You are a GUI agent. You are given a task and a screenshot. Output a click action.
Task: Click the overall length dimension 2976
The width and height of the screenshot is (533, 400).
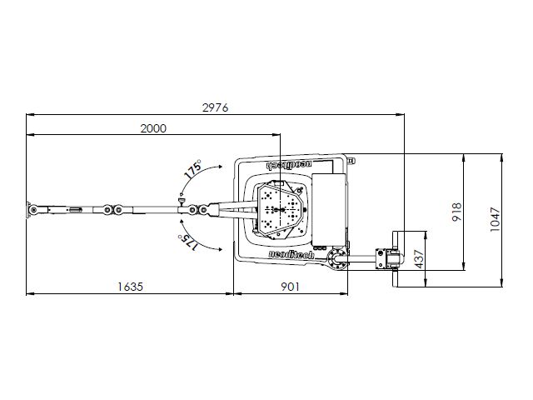216,107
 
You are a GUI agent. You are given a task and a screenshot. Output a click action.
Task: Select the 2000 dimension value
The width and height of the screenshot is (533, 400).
153,128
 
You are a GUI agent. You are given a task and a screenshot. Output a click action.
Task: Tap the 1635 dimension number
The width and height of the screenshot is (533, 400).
130,287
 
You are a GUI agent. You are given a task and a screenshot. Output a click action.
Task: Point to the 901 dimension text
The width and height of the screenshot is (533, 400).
290,287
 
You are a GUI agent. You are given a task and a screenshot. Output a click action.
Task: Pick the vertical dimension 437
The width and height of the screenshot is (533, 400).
420,259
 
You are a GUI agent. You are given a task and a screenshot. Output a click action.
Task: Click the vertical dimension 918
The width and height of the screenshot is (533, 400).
457,212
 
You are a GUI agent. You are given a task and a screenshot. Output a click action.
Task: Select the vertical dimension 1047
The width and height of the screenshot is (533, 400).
496,220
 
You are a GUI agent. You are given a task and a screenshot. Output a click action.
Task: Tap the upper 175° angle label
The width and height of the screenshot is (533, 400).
192,169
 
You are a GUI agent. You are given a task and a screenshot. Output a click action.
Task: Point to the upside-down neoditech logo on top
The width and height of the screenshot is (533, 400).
289,164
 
